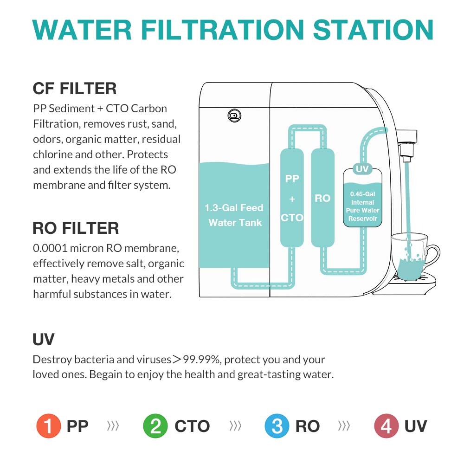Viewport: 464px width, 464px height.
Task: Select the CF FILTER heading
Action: click(74, 88)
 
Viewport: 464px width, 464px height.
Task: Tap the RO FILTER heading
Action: click(76, 228)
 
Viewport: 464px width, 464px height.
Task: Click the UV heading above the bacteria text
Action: click(44, 340)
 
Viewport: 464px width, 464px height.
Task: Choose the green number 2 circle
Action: click(155, 426)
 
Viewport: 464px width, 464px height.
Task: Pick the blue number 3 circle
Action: click(277, 426)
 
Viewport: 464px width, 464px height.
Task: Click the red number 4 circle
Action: click(386, 426)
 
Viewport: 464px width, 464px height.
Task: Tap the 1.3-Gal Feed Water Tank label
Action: click(234, 215)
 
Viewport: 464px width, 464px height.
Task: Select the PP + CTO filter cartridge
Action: click(292, 198)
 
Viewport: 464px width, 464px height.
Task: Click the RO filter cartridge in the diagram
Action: click(322, 198)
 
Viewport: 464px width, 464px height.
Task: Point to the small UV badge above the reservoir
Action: click(362, 169)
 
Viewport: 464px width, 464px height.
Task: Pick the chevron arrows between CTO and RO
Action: click(235, 426)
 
